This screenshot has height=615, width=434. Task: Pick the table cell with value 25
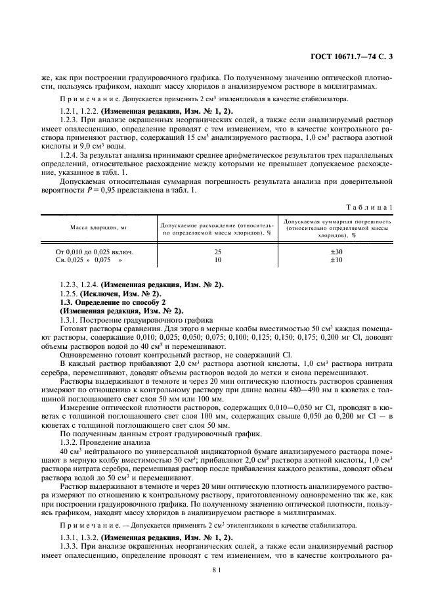(x=217, y=252)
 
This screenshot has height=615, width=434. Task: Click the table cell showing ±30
(x=336, y=252)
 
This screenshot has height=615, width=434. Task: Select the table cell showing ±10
(x=336, y=260)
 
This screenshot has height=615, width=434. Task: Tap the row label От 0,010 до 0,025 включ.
(x=97, y=252)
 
